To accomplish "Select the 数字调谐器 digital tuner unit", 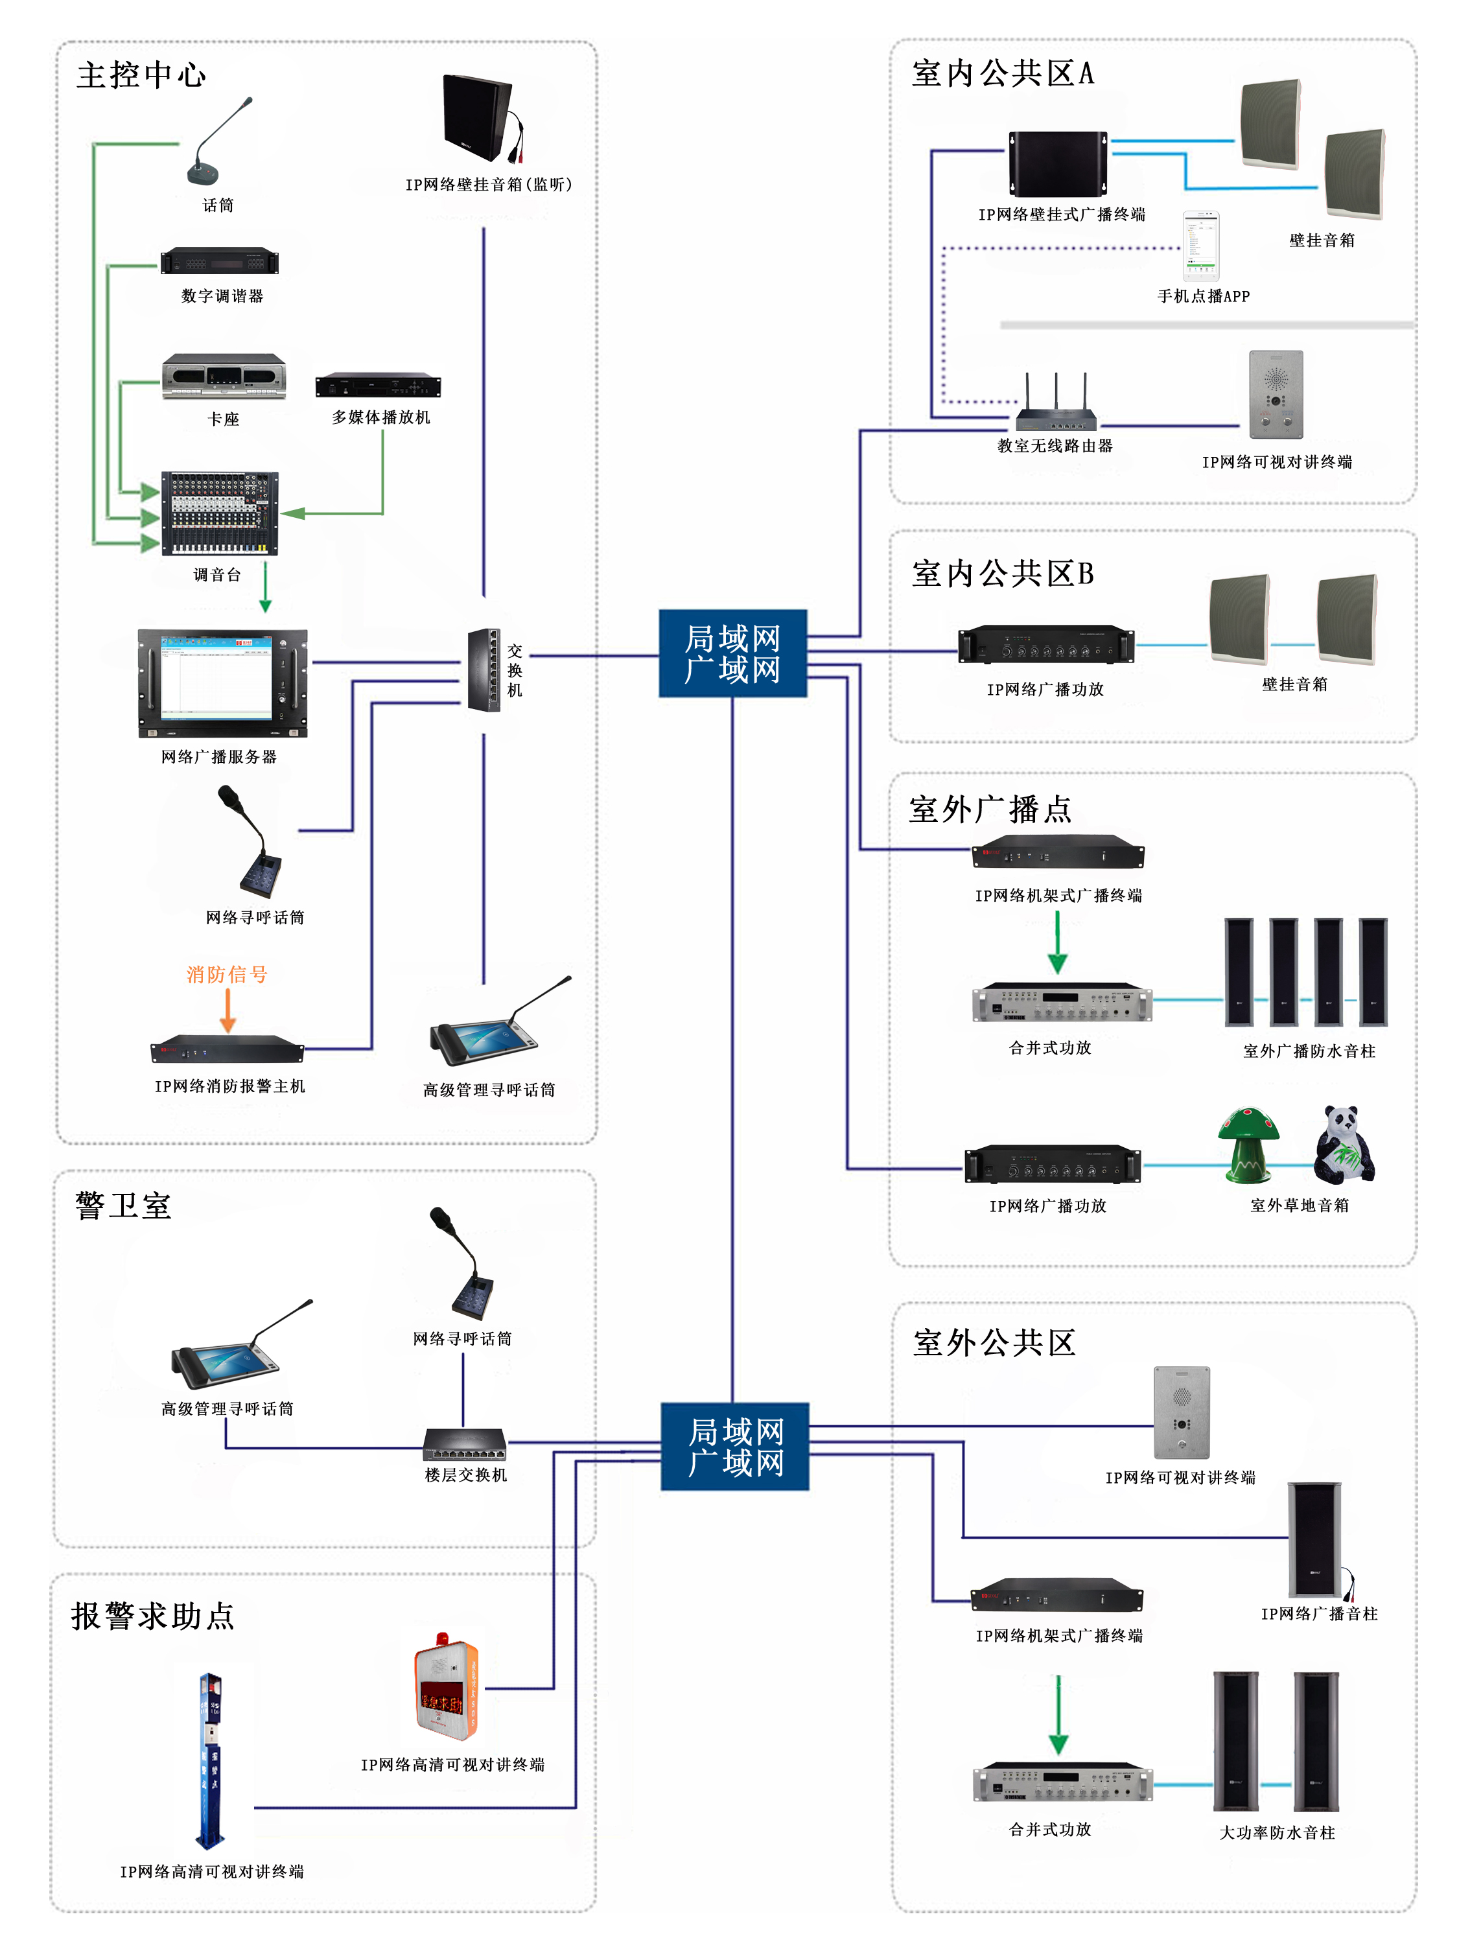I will (220, 261).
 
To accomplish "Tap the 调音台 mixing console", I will (220, 514).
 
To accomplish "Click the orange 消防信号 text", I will (226, 974).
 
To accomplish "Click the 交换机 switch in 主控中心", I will (484, 669).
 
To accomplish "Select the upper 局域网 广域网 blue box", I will (732, 654).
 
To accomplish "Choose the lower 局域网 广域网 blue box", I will (735, 1446).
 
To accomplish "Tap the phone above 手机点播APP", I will (1200, 246).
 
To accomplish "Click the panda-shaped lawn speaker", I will (1343, 1144).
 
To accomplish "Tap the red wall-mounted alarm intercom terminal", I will (447, 1686).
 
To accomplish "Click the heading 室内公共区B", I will (1003, 574).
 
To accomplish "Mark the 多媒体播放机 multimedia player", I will (379, 386).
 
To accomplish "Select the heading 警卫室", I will (123, 1206).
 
